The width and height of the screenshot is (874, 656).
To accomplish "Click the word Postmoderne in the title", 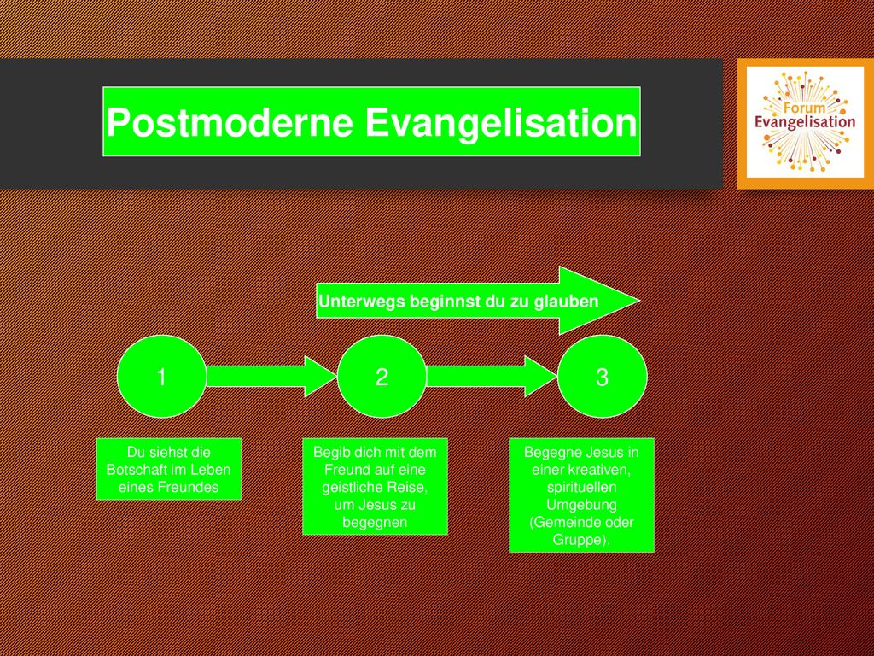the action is click(229, 122).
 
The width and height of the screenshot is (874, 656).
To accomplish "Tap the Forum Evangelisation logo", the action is click(805, 123).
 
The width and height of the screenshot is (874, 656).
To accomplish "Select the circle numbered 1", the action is click(161, 377).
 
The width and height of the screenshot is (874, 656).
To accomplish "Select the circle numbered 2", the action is click(382, 377).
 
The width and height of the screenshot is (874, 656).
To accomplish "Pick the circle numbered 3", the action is click(602, 377).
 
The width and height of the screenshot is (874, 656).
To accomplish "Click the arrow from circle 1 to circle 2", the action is click(272, 376).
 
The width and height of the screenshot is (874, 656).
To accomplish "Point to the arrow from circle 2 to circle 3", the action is click(492, 376).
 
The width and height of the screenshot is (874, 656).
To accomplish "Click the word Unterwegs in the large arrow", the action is click(362, 302).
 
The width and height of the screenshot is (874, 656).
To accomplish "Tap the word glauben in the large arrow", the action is click(567, 302).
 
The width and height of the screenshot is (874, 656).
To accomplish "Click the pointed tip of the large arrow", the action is click(640, 301).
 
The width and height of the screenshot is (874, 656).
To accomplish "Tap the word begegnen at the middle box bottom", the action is click(375, 523).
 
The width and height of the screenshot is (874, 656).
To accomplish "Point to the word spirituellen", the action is click(581, 487).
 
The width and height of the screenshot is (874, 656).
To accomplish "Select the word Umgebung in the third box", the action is click(581, 505).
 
